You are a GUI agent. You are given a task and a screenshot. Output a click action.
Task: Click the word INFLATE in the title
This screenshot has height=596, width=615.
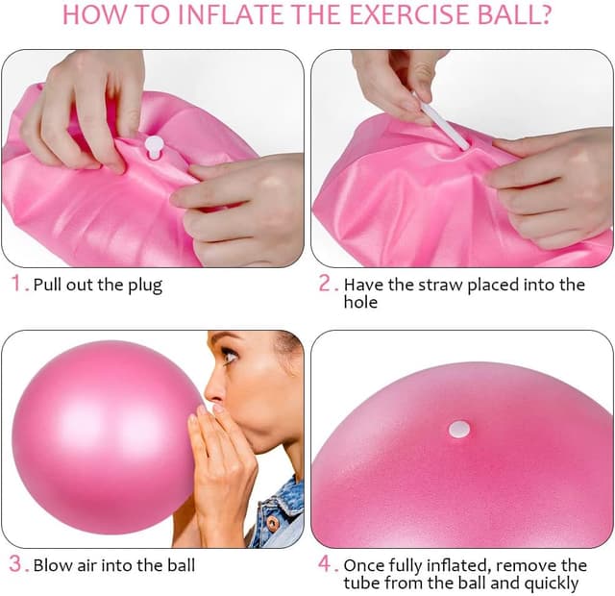pos(208,16)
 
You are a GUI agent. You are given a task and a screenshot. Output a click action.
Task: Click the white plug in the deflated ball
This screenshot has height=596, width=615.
pos(153,146)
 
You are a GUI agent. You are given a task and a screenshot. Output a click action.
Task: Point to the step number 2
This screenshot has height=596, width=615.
pos(326,285)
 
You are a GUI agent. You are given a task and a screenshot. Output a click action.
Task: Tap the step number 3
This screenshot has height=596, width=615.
pos(16,564)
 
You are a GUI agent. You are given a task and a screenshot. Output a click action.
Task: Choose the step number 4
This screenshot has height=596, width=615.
pos(326,564)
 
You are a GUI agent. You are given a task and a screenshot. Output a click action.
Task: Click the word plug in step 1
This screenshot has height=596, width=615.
pos(145,286)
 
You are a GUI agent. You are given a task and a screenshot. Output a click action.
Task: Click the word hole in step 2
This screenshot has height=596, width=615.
pos(360,303)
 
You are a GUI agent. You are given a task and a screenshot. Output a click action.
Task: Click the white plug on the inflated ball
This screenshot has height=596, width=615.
pos(459,429)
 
